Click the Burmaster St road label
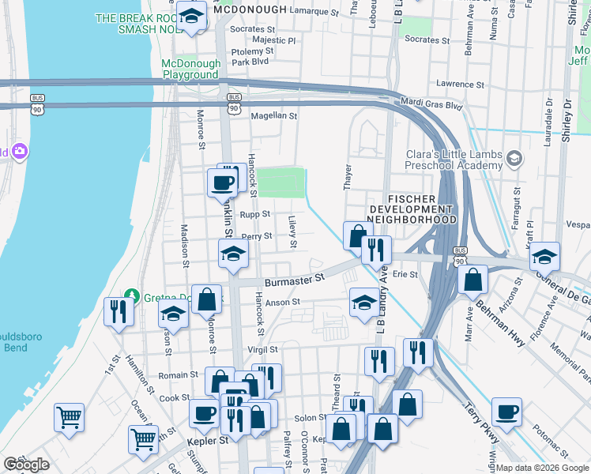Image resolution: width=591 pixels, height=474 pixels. pyautogui.click(x=295, y=279)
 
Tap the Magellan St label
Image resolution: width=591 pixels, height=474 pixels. pyautogui.click(x=273, y=115)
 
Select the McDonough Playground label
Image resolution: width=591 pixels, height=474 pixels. pyautogui.click(x=190, y=69)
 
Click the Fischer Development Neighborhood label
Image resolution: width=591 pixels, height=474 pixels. pyautogui.click(x=412, y=208)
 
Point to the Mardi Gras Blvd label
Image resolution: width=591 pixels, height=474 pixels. pyautogui.click(x=432, y=104)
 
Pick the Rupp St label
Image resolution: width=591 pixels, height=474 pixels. pyautogui.click(x=255, y=214)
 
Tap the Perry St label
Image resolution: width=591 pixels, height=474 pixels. pyautogui.click(x=257, y=236)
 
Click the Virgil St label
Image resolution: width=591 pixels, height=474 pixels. pyautogui.click(x=262, y=349)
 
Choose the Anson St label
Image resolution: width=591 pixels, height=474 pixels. pyautogui.click(x=283, y=302)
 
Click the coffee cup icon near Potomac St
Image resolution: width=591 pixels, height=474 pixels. pyautogui.click(x=506, y=412)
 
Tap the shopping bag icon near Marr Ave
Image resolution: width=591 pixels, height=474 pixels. pyautogui.click(x=472, y=279)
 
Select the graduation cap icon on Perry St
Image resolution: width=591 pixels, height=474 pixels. pyautogui.click(x=234, y=253)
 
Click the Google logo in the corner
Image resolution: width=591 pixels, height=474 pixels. pyautogui.click(x=26, y=465)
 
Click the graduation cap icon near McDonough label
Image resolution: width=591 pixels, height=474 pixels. pyautogui.click(x=191, y=15)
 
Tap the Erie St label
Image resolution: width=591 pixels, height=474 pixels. pyautogui.click(x=405, y=275)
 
